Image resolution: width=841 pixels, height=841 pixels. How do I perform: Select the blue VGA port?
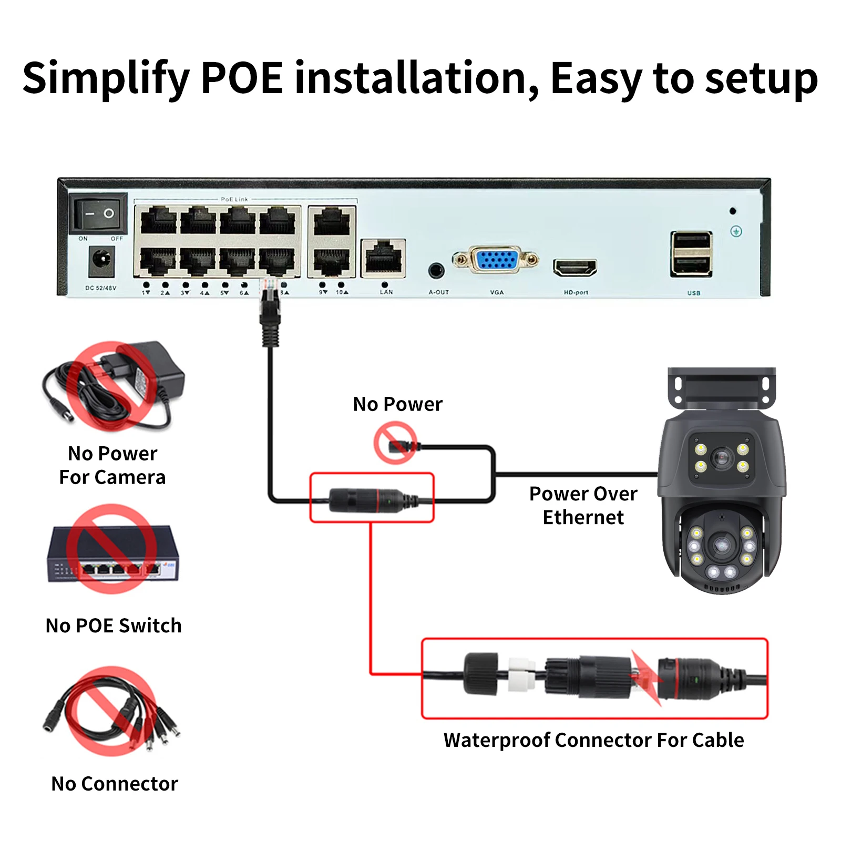pos(496,260)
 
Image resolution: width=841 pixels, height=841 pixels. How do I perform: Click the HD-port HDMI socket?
pos(575,268)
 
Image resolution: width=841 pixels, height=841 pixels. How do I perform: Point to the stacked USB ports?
pos(691,254)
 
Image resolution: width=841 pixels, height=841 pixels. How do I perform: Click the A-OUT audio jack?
pos(436,271)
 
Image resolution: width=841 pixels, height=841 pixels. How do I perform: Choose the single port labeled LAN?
pos(383,258)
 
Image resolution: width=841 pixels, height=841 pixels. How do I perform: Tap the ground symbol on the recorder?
pos(736,231)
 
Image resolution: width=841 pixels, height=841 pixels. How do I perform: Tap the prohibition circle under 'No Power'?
pos(396,444)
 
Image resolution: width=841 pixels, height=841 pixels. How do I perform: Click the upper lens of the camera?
pos(722,457)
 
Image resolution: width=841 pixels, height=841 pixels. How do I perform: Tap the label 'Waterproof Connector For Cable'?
pos(593,740)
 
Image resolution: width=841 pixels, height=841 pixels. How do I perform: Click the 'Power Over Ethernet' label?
pos(583,505)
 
